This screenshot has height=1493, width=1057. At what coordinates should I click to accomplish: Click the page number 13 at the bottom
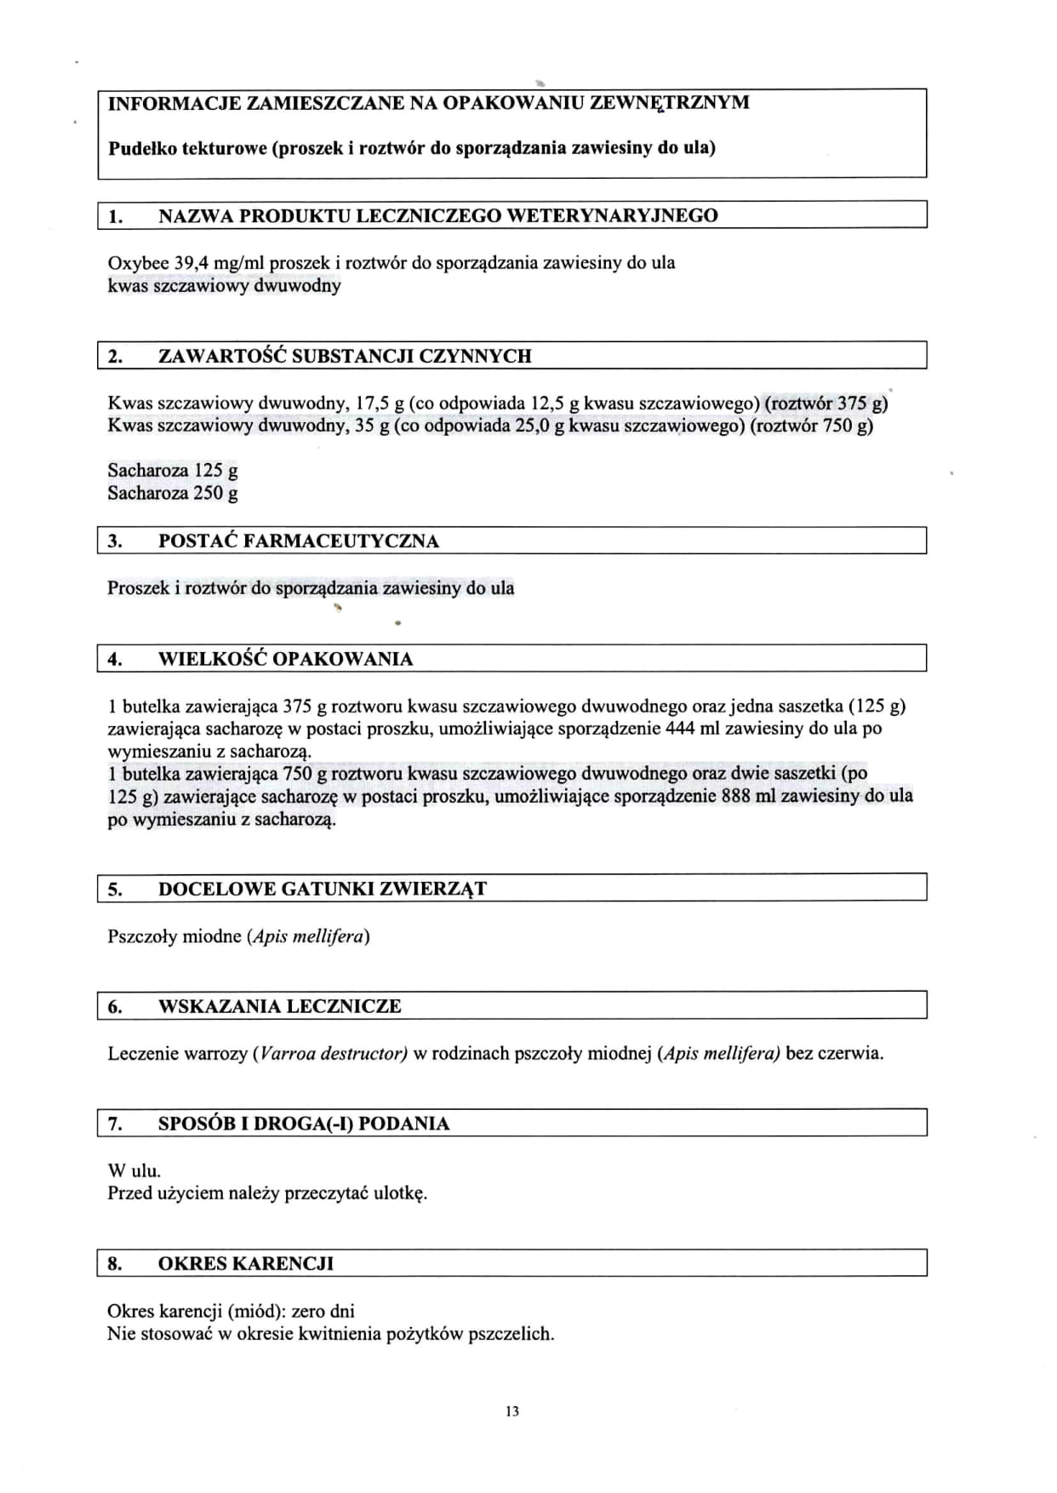511,1411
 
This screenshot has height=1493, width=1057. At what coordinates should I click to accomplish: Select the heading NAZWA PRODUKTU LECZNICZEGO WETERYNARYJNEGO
437,215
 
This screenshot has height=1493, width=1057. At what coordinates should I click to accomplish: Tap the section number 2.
115,356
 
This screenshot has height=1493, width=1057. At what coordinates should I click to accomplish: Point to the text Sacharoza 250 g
173,493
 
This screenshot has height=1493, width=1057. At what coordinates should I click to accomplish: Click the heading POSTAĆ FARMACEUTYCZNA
298,541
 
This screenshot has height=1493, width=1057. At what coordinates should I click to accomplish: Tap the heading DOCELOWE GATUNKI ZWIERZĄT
322,890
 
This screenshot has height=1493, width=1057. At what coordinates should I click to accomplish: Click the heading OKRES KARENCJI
245,1263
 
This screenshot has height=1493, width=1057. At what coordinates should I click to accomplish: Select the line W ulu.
134,1170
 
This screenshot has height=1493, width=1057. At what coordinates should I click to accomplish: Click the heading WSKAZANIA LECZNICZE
279,1006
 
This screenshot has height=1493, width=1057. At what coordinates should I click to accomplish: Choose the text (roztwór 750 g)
811,426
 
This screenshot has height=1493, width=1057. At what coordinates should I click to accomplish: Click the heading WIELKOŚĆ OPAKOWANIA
285,659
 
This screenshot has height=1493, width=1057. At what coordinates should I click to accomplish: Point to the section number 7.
115,1124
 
